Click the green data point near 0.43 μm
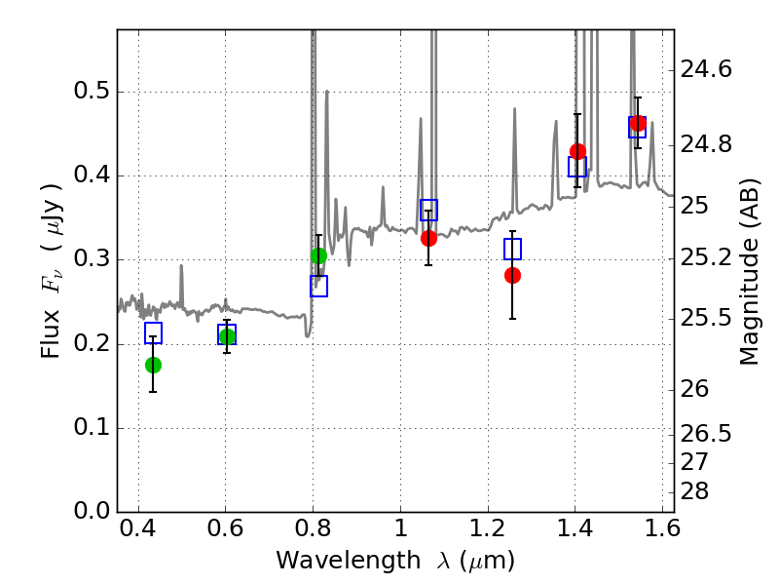[x=153, y=365]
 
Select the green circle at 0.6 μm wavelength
[x=227, y=336]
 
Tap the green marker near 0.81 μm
[x=318, y=256]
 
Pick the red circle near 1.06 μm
[x=428, y=238]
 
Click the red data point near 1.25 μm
[x=512, y=275]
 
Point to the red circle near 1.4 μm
[x=577, y=151]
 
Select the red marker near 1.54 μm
[x=638, y=124]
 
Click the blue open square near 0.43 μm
[x=153, y=332]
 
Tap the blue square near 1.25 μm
[x=512, y=249]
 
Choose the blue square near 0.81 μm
[x=318, y=286]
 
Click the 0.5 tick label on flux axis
[x=92, y=91]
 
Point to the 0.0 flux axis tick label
[x=92, y=511]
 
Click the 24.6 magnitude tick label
[x=705, y=68]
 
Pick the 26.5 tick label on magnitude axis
[x=705, y=434]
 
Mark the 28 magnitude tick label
[x=694, y=491]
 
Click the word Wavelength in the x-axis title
[x=348, y=561]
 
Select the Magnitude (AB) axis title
[x=750, y=272]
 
